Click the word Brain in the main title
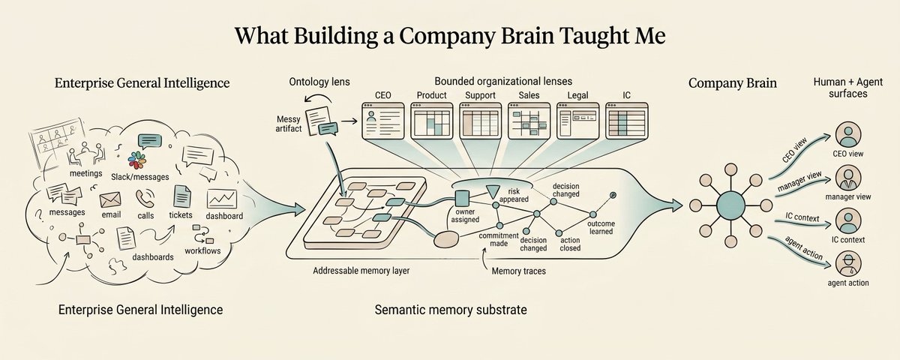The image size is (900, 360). pyautogui.click(x=526, y=35)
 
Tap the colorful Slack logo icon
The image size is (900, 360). pyautogui.click(x=136, y=160)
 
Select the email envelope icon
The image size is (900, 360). pyautogui.click(x=110, y=199)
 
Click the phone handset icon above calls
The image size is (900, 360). pyautogui.click(x=145, y=199)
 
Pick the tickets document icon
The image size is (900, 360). pyautogui.click(x=181, y=196)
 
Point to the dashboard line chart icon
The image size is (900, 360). pyautogui.click(x=222, y=199)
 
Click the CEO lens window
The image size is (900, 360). pyautogui.click(x=383, y=121)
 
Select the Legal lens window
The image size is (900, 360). pyautogui.click(x=577, y=121)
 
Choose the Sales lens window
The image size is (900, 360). pyautogui.click(x=529, y=121)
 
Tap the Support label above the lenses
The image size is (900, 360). pyautogui.click(x=480, y=95)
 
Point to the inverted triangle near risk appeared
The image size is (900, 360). pyautogui.click(x=492, y=192)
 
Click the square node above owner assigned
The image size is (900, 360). pyautogui.click(x=462, y=198)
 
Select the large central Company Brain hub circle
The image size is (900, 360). pyautogui.click(x=730, y=205)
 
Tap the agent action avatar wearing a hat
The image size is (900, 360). pyautogui.click(x=848, y=263)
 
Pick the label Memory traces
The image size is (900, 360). pyautogui.click(x=519, y=271)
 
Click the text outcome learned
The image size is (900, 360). pyautogui.click(x=601, y=227)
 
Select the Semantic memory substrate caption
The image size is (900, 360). pyautogui.click(x=451, y=310)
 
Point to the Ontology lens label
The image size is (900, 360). pyautogui.click(x=319, y=82)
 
